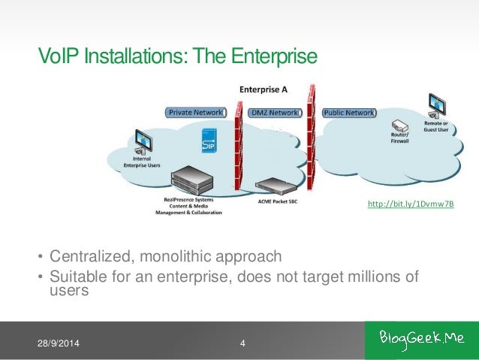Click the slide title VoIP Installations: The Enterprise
179,56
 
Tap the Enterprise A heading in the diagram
264,89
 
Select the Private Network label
195,113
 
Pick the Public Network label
349,113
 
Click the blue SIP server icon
211,141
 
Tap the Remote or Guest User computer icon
435,103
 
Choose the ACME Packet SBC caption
272,201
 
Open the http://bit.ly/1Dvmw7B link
410,204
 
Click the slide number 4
243,344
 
